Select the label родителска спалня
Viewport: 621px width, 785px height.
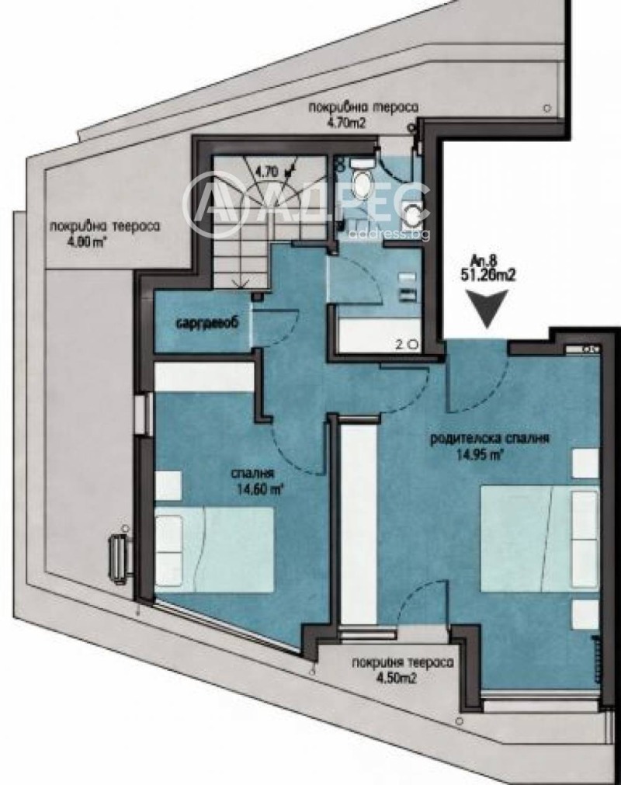491,438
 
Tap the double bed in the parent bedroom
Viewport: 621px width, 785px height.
540,537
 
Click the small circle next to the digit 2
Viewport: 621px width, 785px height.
412,343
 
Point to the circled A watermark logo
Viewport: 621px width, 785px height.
211,204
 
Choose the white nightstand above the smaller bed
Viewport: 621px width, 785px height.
168,485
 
